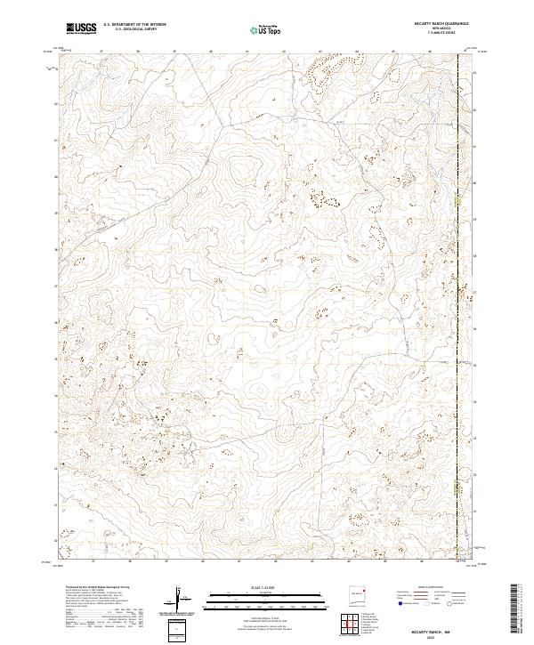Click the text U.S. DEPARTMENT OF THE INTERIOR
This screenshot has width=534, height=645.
tap(134, 25)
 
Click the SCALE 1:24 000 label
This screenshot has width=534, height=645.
tap(241, 585)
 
